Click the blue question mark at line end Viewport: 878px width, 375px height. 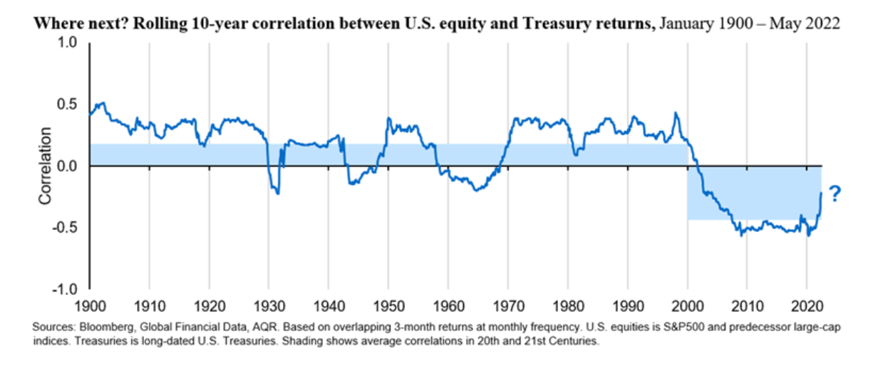pyautogui.click(x=835, y=194)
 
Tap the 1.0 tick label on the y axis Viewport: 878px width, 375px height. pyautogui.click(x=65, y=43)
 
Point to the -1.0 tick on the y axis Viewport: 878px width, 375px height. pyautogui.click(x=63, y=290)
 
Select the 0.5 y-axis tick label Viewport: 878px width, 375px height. pyautogui.click(x=65, y=105)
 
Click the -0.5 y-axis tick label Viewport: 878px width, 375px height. pyautogui.click(x=63, y=228)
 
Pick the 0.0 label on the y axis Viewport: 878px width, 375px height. pyautogui.click(x=65, y=166)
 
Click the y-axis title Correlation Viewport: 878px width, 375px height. pyautogui.click(x=46, y=167)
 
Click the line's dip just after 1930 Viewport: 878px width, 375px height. pyautogui.click(x=277, y=192)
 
